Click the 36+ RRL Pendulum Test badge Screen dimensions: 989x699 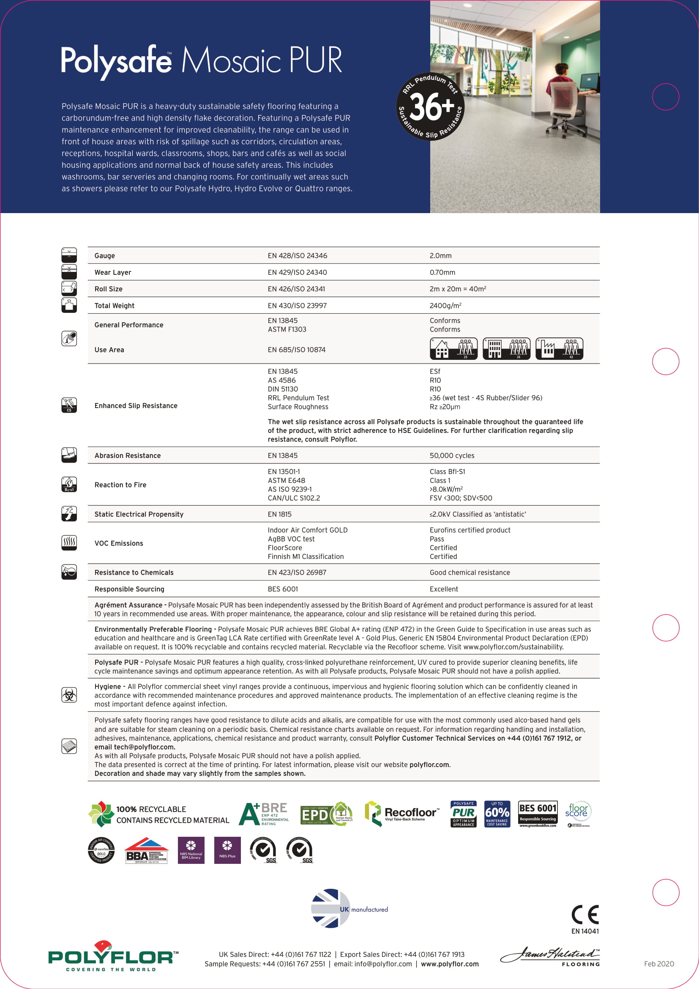point(430,107)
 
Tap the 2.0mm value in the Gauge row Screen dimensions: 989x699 point(440,256)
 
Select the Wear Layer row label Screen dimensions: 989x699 point(113,273)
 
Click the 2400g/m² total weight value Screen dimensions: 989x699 point(445,306)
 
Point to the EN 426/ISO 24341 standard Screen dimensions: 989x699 point(296,289)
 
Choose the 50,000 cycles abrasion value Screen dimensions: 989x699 point(451,456)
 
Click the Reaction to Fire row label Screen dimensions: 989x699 point(120,485)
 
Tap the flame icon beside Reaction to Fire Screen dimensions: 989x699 point(69,485)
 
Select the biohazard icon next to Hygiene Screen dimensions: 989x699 point(69,695)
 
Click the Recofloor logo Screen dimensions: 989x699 point(402,814)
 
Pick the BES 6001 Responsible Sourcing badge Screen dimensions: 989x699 point(538,814)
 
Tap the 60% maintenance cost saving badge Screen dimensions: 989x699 point(497,814)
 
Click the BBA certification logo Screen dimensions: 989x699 point(146,851)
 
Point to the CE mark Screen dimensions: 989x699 point(585,915)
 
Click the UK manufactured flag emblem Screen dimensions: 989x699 point(330,908)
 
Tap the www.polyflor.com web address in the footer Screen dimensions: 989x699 point(450,964)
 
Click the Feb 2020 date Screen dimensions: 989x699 point(658,964)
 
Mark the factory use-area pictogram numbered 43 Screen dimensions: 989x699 point(559,349)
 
